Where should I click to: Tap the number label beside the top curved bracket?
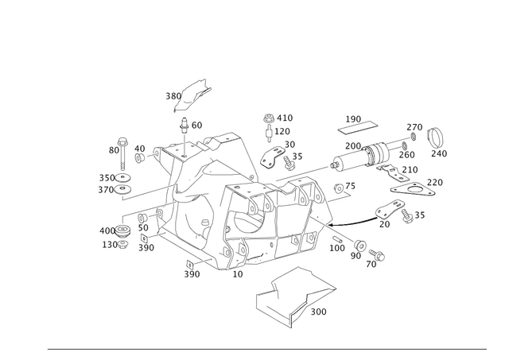[170, 96]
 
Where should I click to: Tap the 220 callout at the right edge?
[436, 182]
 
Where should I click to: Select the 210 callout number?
[410, 169]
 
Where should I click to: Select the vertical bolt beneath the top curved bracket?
[184, 135]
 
